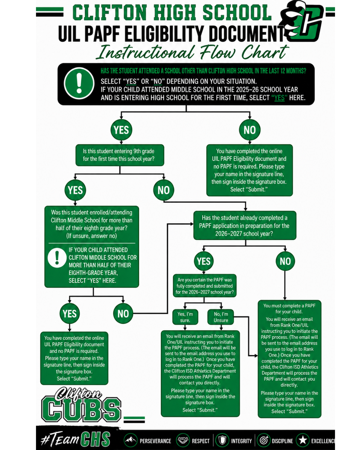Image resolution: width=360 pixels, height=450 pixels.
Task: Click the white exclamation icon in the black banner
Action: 79,83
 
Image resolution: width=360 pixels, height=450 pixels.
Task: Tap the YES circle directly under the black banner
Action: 121,130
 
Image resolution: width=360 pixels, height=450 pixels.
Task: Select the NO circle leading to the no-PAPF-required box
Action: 250,130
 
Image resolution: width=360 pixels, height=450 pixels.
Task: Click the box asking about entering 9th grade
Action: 120,155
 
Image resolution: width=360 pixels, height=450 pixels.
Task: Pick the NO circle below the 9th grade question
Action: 164,190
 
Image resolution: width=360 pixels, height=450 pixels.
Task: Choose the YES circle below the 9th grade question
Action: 75,190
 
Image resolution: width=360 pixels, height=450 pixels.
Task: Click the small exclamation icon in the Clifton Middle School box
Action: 57,258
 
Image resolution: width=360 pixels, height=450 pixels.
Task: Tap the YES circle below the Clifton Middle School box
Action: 69,313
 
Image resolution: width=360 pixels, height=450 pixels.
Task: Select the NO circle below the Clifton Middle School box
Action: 123,313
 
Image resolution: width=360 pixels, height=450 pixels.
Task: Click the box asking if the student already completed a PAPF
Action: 244,225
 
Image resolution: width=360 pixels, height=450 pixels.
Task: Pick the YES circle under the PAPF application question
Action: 204,261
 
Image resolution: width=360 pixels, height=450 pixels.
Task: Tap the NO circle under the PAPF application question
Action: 285,261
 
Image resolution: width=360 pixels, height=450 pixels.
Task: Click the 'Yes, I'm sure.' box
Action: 185,317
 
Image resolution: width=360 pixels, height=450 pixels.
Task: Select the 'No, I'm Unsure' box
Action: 221,317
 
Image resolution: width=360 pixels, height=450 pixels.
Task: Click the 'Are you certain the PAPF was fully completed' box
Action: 204,286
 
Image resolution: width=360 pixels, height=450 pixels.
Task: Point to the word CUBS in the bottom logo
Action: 81,409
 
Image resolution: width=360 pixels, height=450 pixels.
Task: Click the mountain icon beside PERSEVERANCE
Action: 131,440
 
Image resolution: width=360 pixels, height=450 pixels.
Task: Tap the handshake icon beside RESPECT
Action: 182,440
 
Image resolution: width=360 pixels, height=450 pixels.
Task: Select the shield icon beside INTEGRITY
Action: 222,440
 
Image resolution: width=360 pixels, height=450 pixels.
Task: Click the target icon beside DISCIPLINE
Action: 264,440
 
